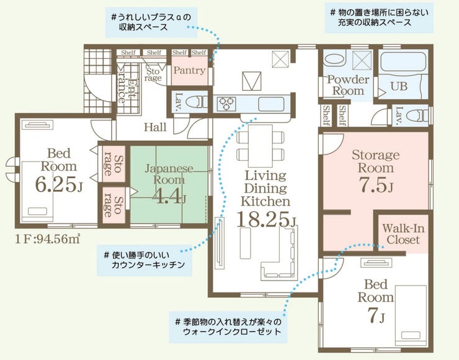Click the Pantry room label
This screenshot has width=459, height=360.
189,70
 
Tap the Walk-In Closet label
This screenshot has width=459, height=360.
403,234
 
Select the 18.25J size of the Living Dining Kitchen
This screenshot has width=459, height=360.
267,219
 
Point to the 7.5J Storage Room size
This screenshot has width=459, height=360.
375,184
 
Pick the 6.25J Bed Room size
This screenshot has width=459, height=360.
59,184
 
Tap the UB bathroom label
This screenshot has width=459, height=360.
399,86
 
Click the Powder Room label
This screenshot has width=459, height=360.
348,85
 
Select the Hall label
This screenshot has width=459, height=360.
155,127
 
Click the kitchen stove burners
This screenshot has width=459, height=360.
226,103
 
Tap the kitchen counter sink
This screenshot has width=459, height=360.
271,104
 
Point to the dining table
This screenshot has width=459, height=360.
261,146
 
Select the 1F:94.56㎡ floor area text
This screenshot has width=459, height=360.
48,239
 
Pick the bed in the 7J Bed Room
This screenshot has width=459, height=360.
411,315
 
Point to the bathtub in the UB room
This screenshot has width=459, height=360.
404,62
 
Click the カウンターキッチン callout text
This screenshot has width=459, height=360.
148,265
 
